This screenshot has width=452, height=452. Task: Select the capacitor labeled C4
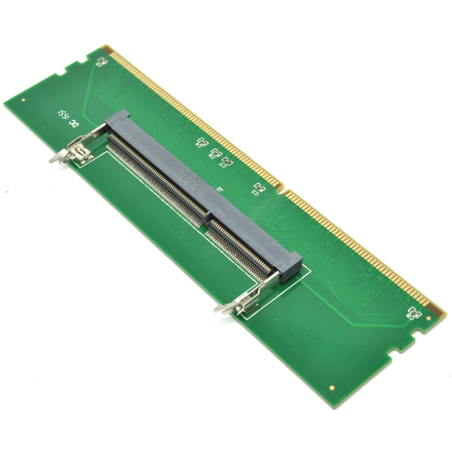click(x=202, y=142)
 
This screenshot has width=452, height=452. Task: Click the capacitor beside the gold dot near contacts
click(x=415, y=313)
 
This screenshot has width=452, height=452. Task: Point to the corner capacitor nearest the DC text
click(x=101, y=61)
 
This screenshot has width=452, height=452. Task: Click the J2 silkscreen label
click(x=219, y=188)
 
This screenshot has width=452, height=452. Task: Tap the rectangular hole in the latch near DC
click(x=81, y=151)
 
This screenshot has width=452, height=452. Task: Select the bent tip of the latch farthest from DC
click(x=219, y=309)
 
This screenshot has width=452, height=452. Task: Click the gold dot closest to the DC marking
click(x=23, y=100)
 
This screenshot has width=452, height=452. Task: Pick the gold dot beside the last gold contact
click(x=429, y=318)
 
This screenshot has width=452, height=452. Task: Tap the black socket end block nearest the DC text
click(x=118, y=119)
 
